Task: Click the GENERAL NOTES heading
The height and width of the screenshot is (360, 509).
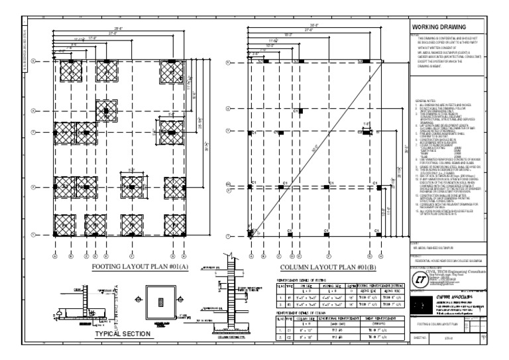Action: (425, 99)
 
